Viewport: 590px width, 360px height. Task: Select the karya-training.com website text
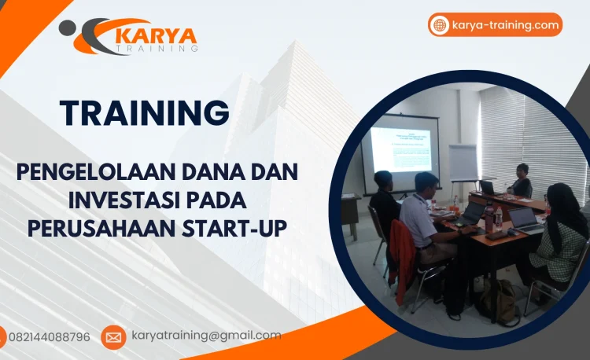[x=505, y=25]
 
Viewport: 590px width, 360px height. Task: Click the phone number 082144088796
[x=49, y=337]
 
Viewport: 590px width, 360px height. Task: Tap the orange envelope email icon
[x=113, y=337]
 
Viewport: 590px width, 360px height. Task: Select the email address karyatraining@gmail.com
[x=206, y=336]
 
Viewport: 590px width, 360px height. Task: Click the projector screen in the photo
[x=401, y=149]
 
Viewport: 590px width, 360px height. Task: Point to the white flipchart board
[x=463, y=162]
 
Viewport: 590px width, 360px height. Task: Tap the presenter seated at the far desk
[x=521, y=182]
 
